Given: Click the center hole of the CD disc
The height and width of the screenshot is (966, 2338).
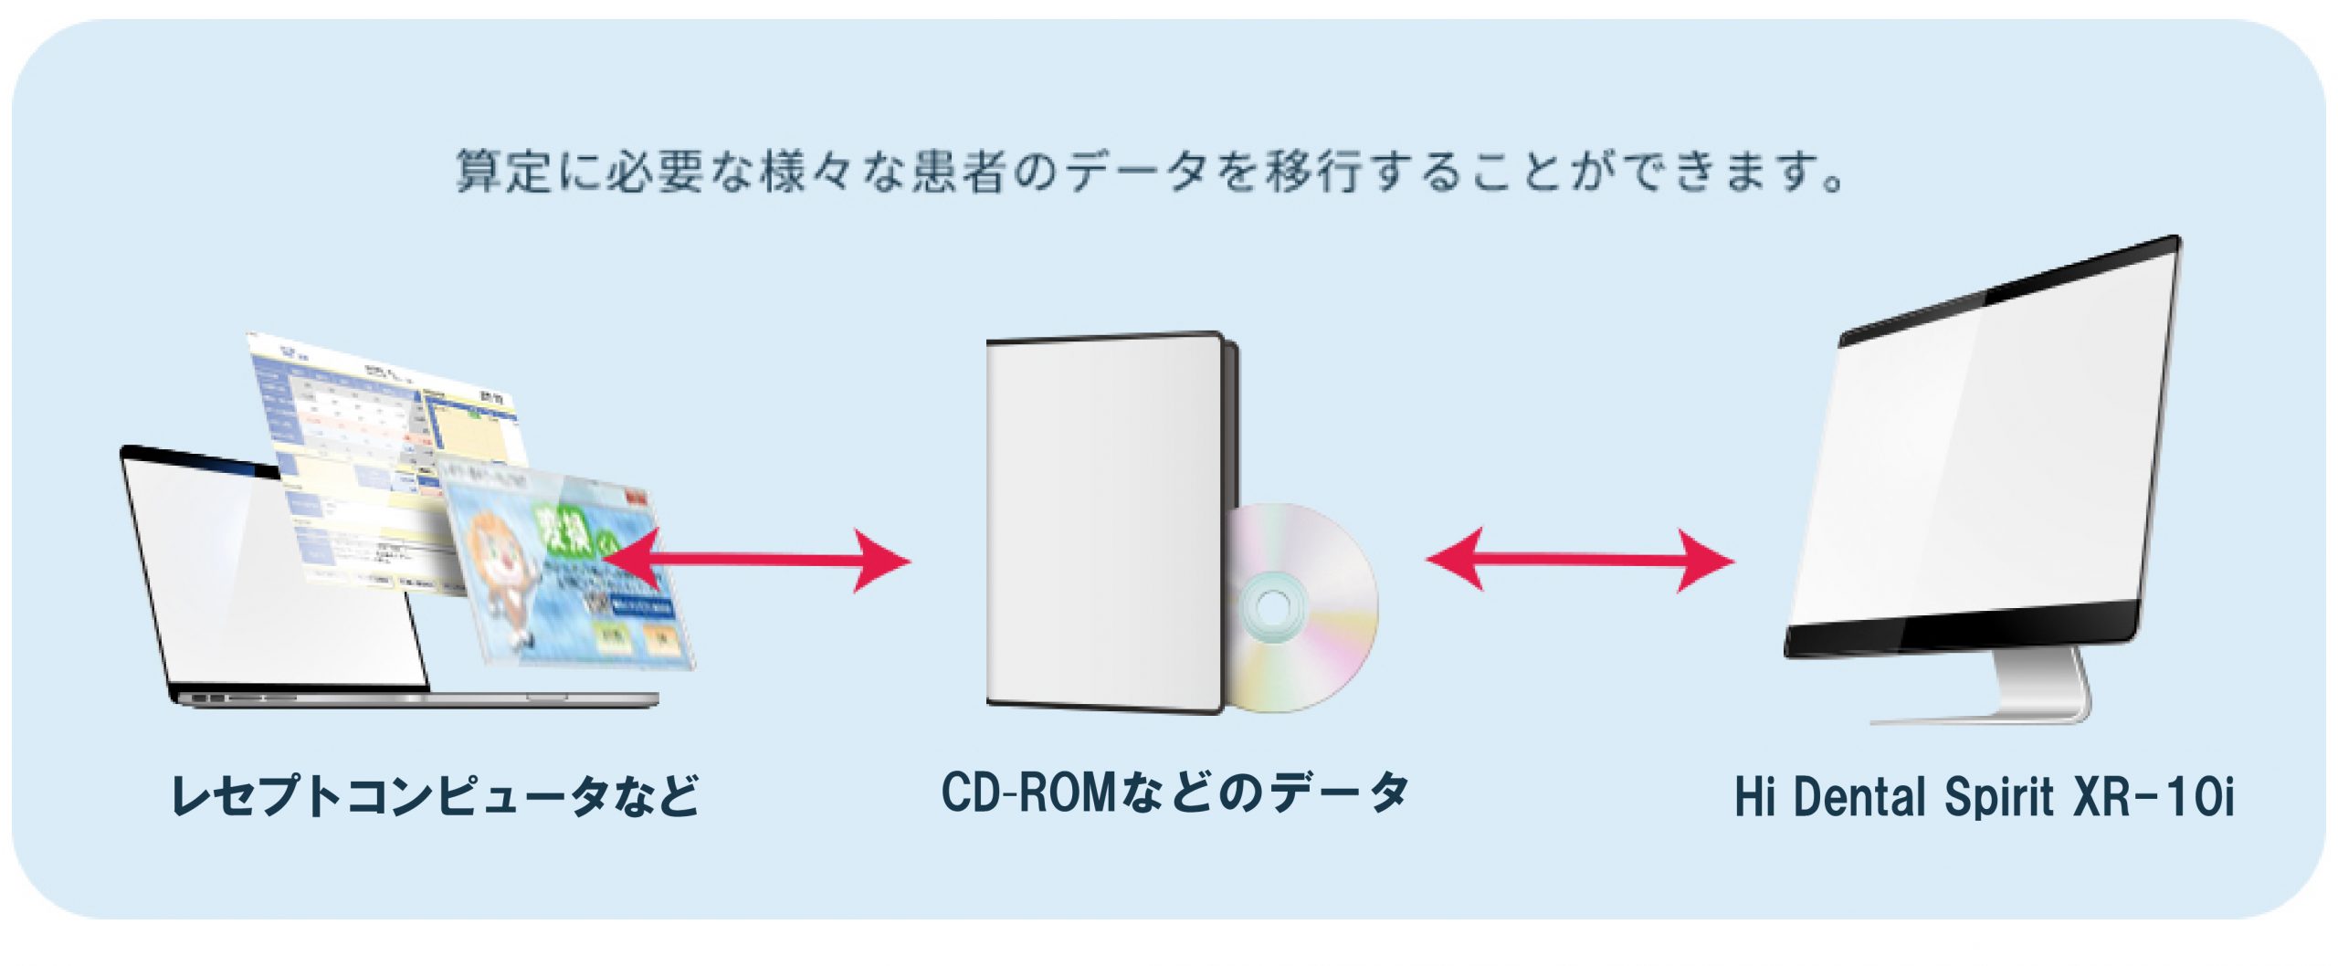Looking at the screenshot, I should [1272, 604].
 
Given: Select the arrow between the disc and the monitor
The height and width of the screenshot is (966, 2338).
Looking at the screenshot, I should [1580, 560].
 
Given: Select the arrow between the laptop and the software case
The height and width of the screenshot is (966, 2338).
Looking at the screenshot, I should [758, 560].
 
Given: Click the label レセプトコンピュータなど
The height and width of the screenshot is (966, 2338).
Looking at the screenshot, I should [435, 795].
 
